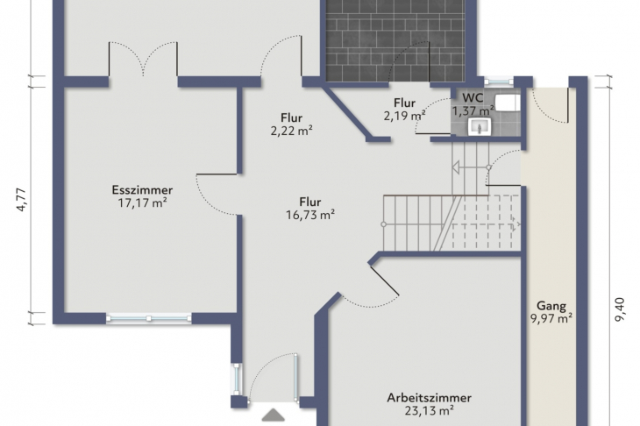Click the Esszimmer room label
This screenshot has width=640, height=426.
pos(142,190)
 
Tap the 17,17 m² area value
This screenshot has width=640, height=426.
pos(142,202)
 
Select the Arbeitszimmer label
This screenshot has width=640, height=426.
pos(429,397)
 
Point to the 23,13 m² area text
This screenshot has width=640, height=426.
pos(429,410)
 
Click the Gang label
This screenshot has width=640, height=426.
pos(551,306)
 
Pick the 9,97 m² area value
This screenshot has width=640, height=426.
pos(551,318)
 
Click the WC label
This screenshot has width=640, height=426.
pos(473,98)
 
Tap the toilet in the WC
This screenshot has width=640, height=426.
pos(508,103)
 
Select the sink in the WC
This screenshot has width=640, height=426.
pos(480,126)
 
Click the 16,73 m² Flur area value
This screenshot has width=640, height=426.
pos(310,215)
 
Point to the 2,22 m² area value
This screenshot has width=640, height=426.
pos(291,131)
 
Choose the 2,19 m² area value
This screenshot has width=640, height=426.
pos(404,116)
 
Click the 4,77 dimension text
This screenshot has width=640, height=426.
pos(21,200)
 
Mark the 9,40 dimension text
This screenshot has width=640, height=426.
pos(620,309)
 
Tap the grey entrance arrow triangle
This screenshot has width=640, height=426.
pos(273,415)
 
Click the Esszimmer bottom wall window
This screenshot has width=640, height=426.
pos(149,318)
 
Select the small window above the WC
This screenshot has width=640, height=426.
pos(498,82)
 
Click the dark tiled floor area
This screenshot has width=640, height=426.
pos(395,41)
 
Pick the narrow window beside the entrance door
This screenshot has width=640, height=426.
pos(237,380)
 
